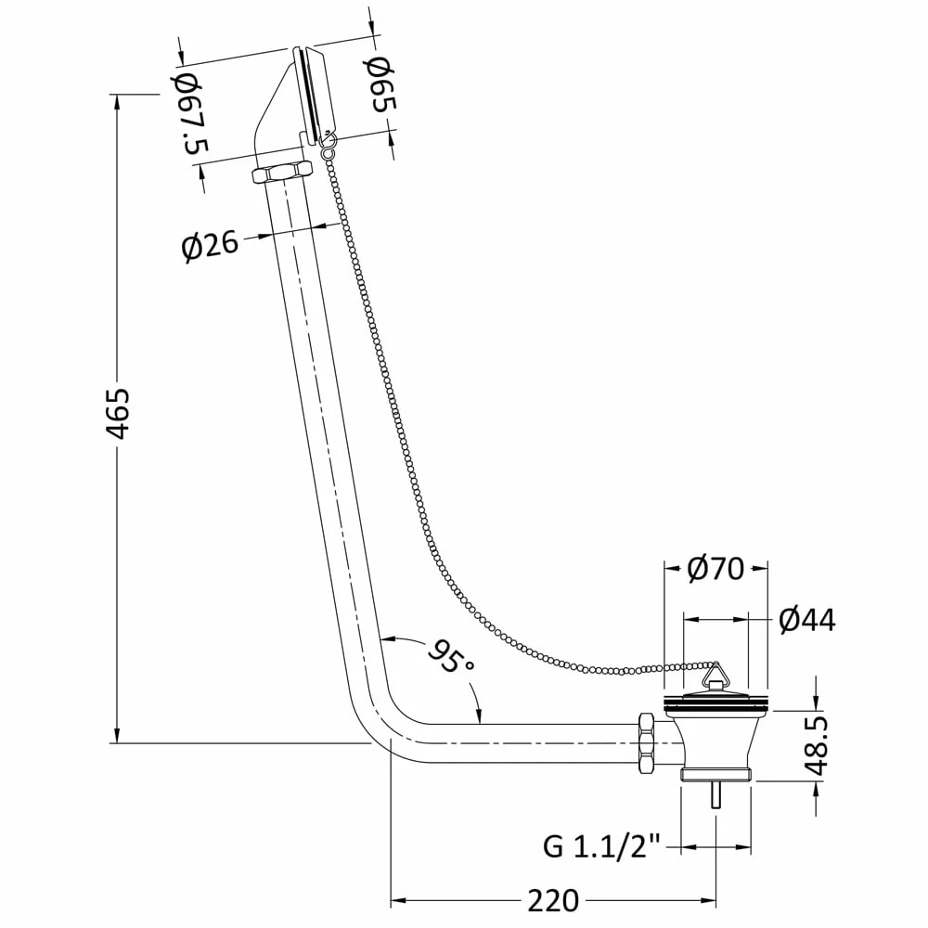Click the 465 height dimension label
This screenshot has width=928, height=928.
tap(117, 413)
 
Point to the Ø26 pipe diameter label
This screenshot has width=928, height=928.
tap(210, 244)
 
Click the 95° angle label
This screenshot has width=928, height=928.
tap(451, 655)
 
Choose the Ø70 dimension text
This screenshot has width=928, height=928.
tap(715, 569)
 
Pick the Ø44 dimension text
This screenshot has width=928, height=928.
tap(807, 620)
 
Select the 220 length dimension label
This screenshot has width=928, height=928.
tap(553, 901)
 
